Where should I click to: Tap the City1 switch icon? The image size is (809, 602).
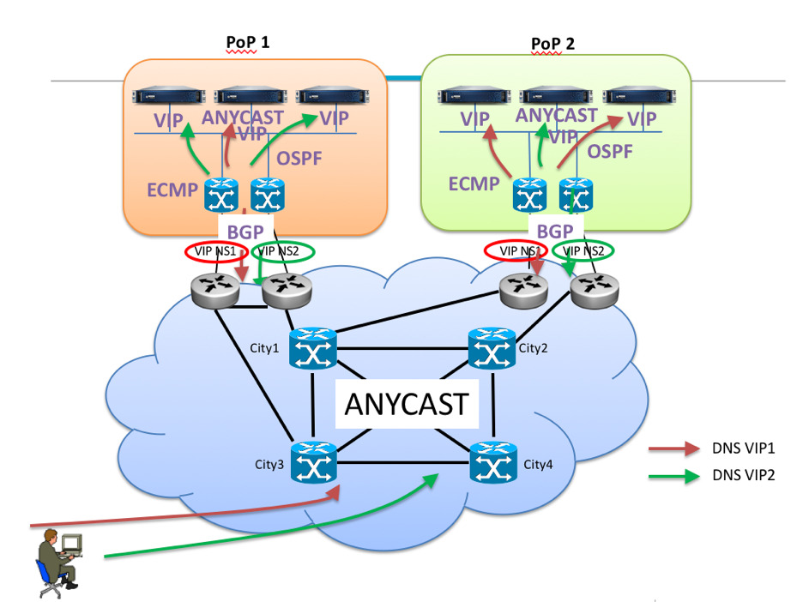313,347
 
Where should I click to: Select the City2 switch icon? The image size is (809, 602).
492,347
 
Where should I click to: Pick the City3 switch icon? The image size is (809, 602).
313,463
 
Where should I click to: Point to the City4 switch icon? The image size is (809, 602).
493,464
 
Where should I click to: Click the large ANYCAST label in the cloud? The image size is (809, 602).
407,404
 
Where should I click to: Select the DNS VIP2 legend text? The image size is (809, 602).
742,475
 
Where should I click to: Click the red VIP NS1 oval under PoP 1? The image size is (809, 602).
216,251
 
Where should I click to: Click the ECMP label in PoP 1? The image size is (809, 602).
172,190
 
